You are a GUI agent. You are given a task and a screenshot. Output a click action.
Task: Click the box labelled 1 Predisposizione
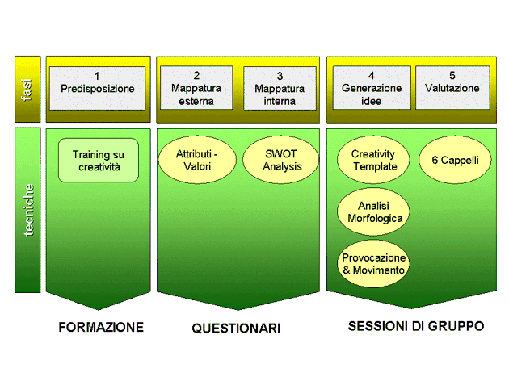click(x=98, y=88)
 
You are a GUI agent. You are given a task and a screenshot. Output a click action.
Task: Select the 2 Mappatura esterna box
click(x=196, y=88)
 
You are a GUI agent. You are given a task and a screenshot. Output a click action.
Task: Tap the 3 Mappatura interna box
click(x=280, y=88)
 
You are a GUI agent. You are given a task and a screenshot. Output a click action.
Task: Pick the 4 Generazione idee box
click(x=372, y=88)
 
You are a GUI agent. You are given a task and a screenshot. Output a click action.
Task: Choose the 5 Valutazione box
click(x=452, y=87)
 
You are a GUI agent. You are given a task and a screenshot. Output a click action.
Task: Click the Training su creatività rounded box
click(x=99, y=160)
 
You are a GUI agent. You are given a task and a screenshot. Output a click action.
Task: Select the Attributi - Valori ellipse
click(x=197, y=160)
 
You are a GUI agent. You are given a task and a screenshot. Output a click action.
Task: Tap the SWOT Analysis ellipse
click(x=281, y=160)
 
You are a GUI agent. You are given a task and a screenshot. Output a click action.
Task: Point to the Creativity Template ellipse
click(x=373, y=160)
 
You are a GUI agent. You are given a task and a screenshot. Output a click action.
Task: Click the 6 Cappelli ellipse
click(x=455, y=160)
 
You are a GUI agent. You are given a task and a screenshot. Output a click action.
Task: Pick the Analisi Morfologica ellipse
click(x=373, y=211)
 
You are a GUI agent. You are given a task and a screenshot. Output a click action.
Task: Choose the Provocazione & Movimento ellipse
click(x=373, y=264)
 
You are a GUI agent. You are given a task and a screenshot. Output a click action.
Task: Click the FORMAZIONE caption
click(x=101, y=327)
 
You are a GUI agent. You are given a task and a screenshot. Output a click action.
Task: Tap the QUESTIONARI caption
click(x=236, y=329)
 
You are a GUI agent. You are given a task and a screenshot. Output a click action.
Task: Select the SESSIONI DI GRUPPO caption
click(x=416, y=326)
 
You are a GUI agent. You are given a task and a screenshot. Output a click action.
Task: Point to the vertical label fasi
click(x=27, y=90)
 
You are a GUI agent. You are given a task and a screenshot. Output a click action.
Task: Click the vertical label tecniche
click(x=28, y=210)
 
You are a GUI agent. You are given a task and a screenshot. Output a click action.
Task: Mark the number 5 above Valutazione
click(x=452, y=75)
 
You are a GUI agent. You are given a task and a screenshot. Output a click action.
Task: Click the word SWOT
click(x=281, y=153)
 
